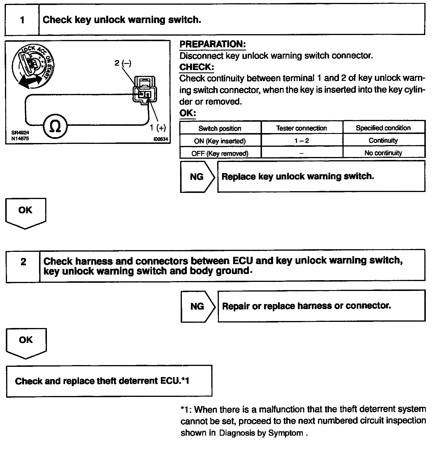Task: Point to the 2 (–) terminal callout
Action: (x=123, y=63)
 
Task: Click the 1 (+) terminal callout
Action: (x=158, y=128)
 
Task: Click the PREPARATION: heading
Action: (x=212, y=44)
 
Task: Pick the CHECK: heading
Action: (x=196, y=67)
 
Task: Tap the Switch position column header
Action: (x=220, y=128)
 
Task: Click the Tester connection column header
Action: (x=301, y=128)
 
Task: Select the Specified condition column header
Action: (x=383, y=128)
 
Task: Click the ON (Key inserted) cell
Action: (x=220, y=141)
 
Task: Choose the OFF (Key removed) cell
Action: (x=220, y=153)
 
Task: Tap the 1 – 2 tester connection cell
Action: (x=301, y=141)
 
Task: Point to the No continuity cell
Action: (x=383, y=153)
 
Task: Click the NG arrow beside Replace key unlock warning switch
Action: (x=197, y=177)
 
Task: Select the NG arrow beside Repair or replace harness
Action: (x=197, y=306)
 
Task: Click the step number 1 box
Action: (x=22, y=20)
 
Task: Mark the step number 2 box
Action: (x=23, y=262)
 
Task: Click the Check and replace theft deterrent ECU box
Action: (x=109, y=381)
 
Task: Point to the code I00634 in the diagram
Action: (x=161, y=139)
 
